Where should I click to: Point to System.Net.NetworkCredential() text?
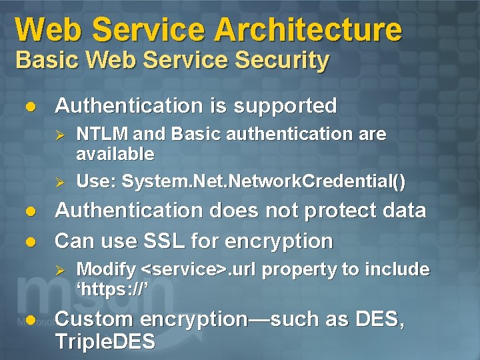point(264,181)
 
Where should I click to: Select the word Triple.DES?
point(105,343)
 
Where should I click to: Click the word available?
point(115,154)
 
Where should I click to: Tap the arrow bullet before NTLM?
point(59,135)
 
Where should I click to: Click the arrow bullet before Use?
point(59,181)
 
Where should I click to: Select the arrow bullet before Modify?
point(59,270)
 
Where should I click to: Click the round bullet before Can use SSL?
point(29,241)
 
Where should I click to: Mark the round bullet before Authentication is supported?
point(29,106)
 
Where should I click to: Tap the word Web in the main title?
point(49,30)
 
